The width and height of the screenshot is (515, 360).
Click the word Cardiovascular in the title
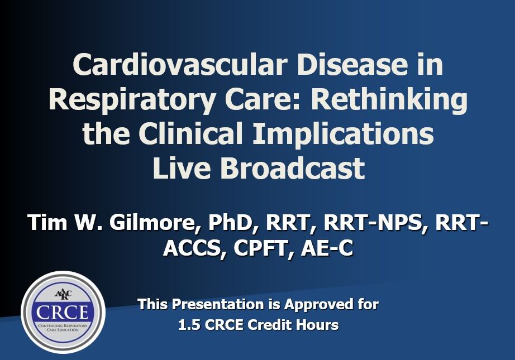pos(180,64)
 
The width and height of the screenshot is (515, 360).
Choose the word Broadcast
pos(292,167)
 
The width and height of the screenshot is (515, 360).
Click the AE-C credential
pos(326,248)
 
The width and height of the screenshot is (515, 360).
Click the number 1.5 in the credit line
pos(189,325)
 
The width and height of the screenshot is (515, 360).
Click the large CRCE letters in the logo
pos(63,312)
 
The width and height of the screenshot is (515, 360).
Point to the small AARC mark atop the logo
pos(63,294)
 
